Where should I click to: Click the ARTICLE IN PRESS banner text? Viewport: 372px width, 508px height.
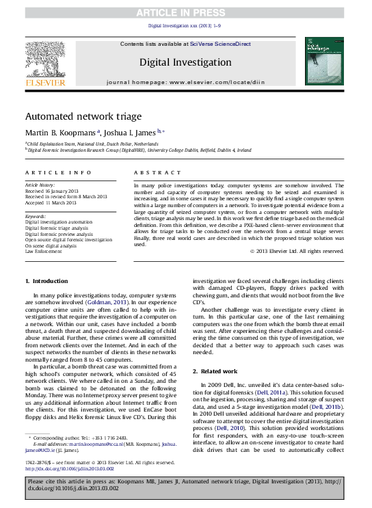186,12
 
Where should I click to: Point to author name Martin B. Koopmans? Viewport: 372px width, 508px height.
60,132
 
